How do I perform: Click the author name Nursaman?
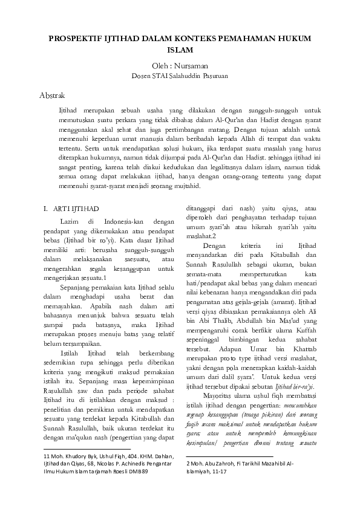[x=190, y=65]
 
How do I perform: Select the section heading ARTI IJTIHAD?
[x=75, y=209]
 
